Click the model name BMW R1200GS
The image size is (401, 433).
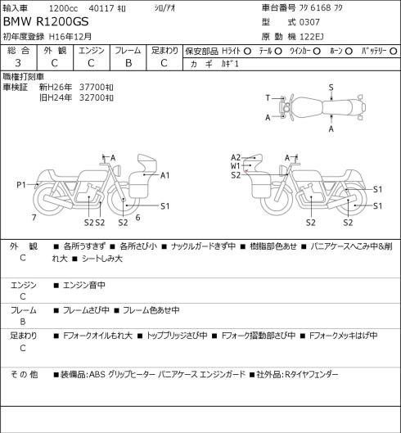click(x=46, y=21)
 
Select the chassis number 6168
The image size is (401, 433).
click(x=320, y=7)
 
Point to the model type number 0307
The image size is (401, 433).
click(x=309, y=22)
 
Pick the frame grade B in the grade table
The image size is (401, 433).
click(x=128, y=63)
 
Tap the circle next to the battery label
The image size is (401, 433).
click(x=394, y=51)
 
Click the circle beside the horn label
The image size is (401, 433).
click(x=349, y=51)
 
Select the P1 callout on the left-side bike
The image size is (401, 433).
click(x=21, y=185)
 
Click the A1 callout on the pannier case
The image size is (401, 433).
click(x=164, y=175)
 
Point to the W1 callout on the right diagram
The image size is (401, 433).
click(x=235, y=166)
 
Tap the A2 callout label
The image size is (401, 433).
click(x=236, y=157)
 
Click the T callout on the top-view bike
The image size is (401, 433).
click(x=268, y=97)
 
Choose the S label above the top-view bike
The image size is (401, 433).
click(x=331, y=88)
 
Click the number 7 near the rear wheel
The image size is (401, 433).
click(x=34, y=218)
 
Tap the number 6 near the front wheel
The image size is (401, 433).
click(x=137, y=218)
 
